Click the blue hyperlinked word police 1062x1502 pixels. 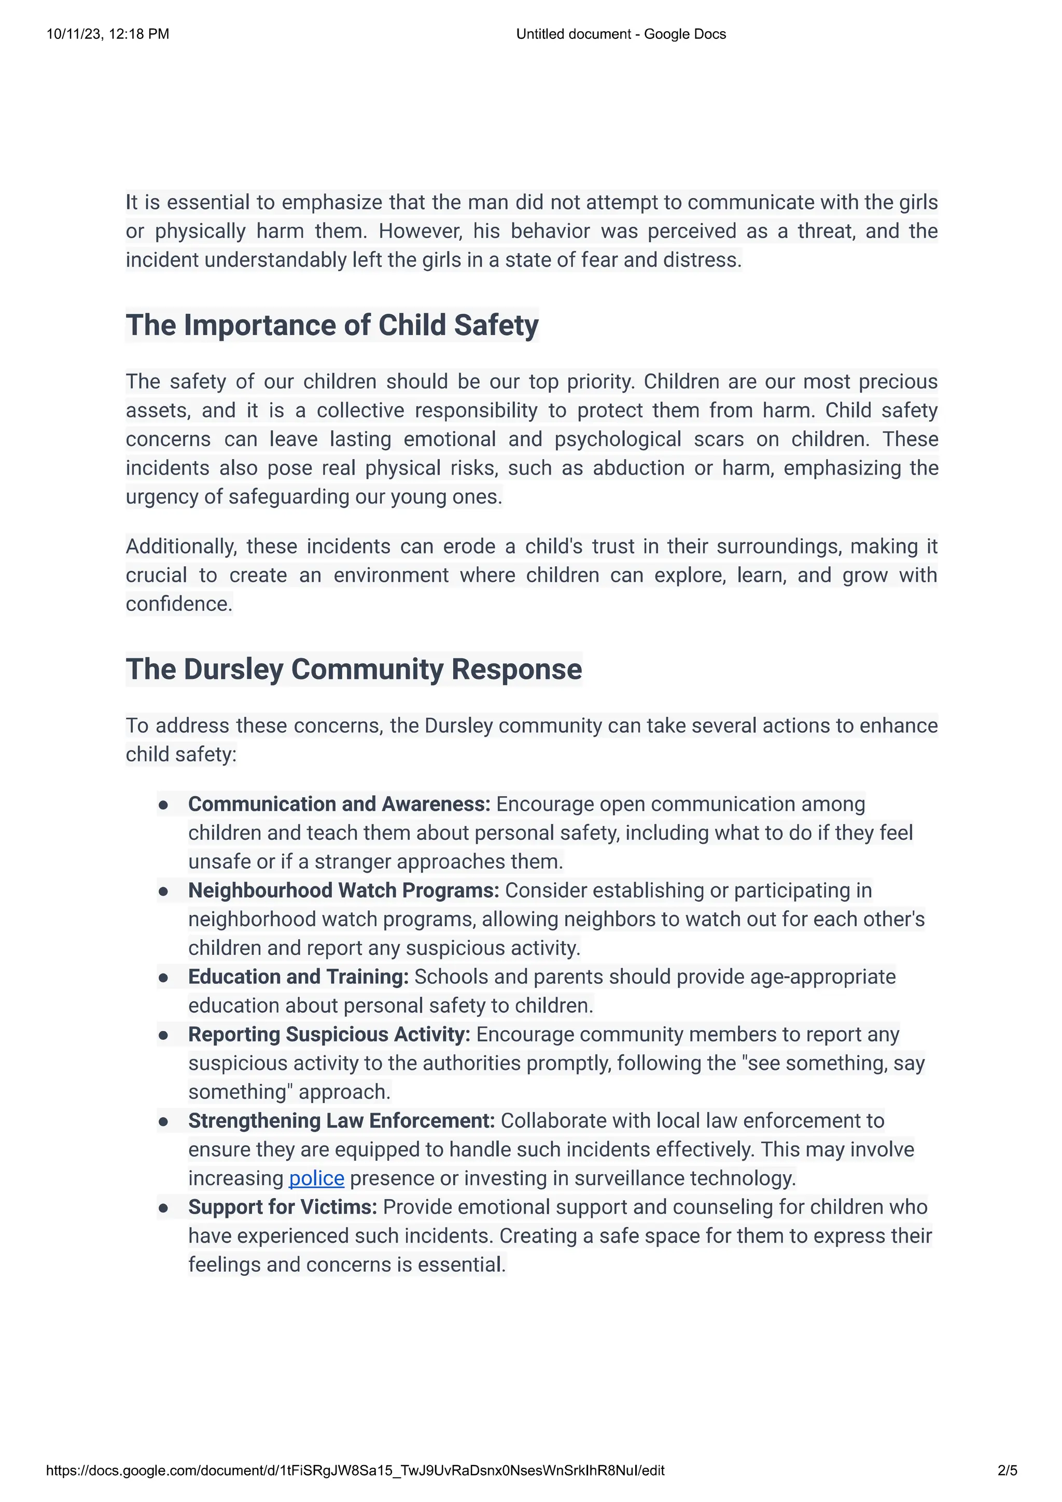[316, 1178]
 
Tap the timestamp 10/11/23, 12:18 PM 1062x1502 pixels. [108, 34]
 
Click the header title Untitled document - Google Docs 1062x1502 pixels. [621, 34]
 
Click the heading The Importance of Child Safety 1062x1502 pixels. [332, 325]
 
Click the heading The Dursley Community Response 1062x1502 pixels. [354, 669]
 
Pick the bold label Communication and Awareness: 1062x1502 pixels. [339, 804]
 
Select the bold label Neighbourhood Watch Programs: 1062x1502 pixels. [343, 891]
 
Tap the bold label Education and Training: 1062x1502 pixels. [298, 977]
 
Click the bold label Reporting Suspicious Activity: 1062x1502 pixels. [329, 1034]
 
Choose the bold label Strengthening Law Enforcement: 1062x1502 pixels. [341, 1121]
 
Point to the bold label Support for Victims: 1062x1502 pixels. [283, 1207]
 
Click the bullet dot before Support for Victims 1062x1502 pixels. [163, 1208]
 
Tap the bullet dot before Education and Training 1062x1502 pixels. [163, 978]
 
